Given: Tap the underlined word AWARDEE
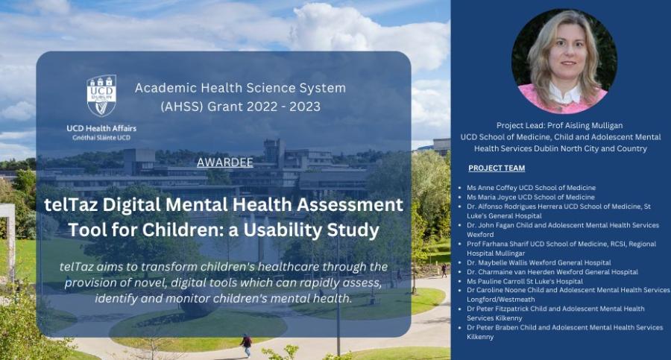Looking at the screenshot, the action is [x=225, y=162].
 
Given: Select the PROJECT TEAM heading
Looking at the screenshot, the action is [x=497, y=168].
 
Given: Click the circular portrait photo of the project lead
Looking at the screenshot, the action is [x=564, y=61].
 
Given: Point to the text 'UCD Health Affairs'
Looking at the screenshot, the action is [x=101, y=128].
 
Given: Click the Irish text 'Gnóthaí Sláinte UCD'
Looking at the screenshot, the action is [x=101, y=138].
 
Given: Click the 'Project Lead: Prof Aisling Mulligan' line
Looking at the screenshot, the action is [x=559, y=125].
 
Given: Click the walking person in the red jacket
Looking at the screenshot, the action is [x=246, y=345].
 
